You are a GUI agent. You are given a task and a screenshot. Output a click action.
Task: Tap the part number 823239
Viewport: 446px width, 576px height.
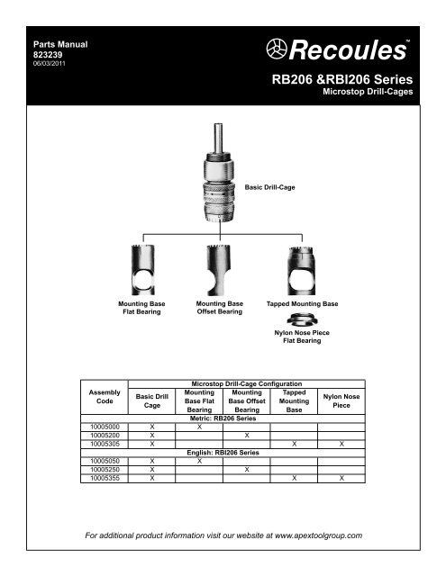click(x=47, y=53)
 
